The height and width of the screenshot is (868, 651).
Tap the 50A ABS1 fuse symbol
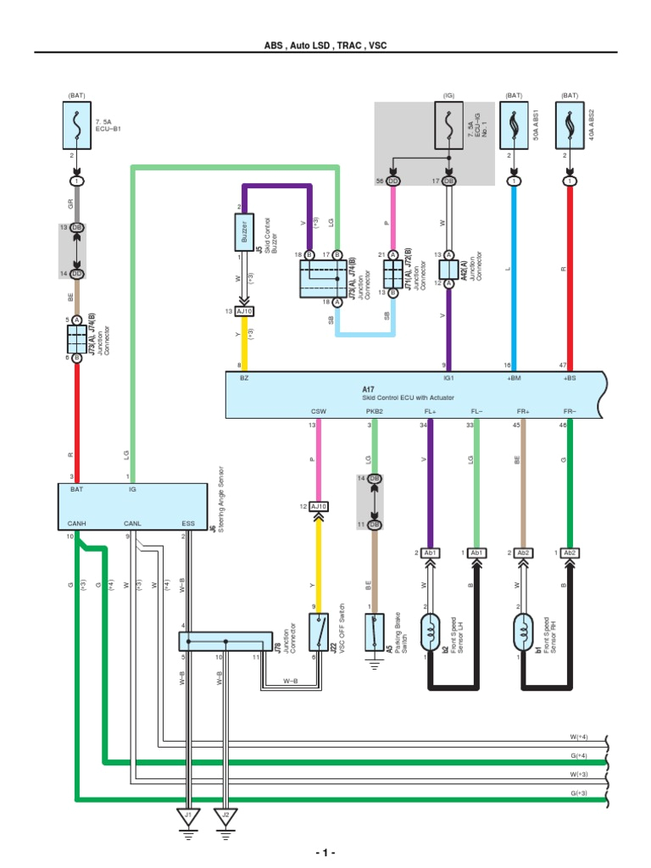click(x=515, y=125)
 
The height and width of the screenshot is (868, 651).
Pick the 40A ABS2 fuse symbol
click(x=570, y=125)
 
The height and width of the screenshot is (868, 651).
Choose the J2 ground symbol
click(x=225, y=819)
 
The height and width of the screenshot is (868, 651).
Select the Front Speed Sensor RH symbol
click(x=523, y=629)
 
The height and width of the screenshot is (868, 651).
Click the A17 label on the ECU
click(x=368, y=388)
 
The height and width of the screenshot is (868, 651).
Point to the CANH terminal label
click(x=76, y=523)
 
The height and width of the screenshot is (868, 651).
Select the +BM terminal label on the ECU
click(x=515, y=379)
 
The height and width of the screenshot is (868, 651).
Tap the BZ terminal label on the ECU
click(x=244, y=379)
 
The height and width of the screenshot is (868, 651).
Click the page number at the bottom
click(x=325, y=851)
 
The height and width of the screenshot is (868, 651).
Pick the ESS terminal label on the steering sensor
click(x=188, y=523)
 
